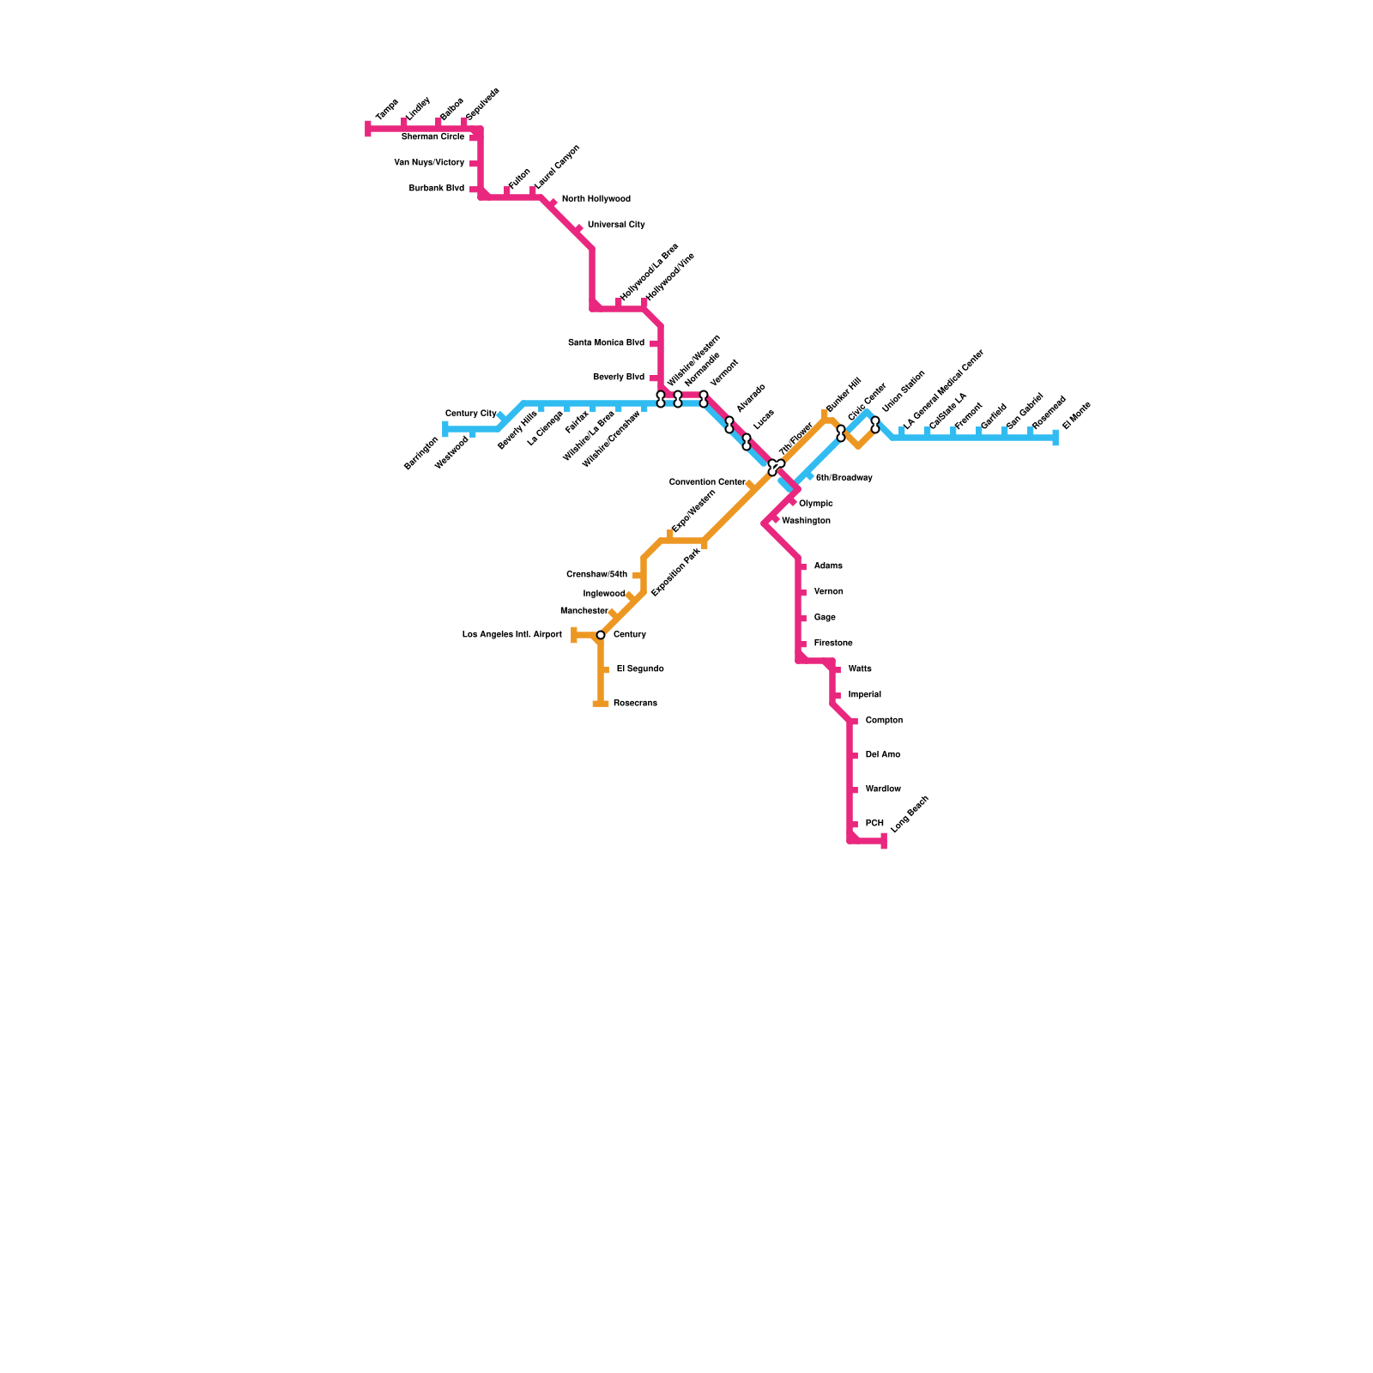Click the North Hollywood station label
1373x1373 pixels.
[x=596, y=199]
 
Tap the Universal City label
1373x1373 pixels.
[x=615, y=225]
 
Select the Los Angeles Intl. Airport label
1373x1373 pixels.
[x=511, y=635]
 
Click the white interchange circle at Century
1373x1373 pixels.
[x=601, y=635]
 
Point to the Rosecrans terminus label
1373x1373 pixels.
[x=635, y=704]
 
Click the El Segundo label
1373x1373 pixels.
[x=639, y=669]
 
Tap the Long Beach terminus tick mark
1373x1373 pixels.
[x=884, y=841]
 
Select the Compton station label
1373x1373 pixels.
[x=884, y=721]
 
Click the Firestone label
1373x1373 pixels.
[x=833, y=644]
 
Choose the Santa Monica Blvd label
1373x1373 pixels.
[x=606, y=343]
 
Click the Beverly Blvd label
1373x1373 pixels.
[x=618, y=378]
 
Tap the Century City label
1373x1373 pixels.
[x=470, y=414]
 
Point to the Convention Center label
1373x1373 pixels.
[x=706, y=482]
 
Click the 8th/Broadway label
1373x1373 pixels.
[x=844, y=478]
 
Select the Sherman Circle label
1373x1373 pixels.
[x=432, y=137]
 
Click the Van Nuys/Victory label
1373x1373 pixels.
[x=429, y=163]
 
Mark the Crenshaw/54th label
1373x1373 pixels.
[x=596, y=575]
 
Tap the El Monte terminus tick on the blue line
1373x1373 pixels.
[x=1055, y=438]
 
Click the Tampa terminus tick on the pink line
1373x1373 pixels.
[x=368, y=129]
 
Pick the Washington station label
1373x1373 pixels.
[x=806, y=521]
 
